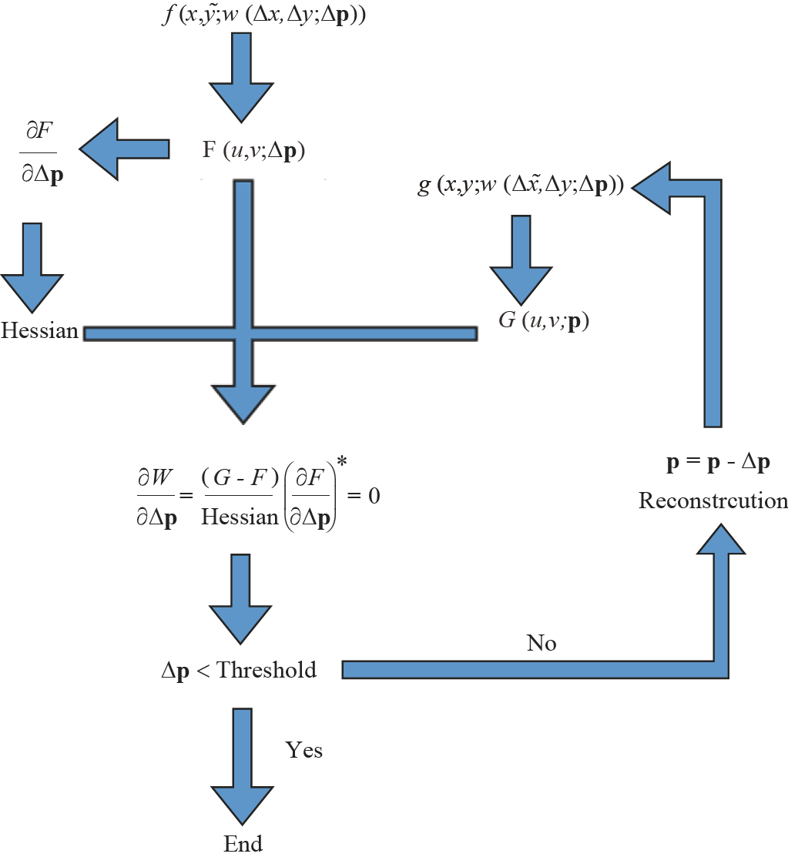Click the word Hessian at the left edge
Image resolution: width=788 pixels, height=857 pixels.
coord(40,332)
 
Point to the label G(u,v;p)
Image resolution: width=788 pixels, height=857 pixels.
coord(544,320)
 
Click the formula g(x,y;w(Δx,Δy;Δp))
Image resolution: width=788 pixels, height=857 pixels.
coord(521,186)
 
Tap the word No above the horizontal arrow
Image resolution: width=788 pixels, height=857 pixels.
coord(541,643)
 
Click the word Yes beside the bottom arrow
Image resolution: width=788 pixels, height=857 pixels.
coord(303,749)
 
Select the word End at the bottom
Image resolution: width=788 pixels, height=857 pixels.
coord(243,843)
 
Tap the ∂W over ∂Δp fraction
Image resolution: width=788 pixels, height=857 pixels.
coord(154,495)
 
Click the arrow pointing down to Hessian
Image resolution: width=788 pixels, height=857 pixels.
coord(32,266)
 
